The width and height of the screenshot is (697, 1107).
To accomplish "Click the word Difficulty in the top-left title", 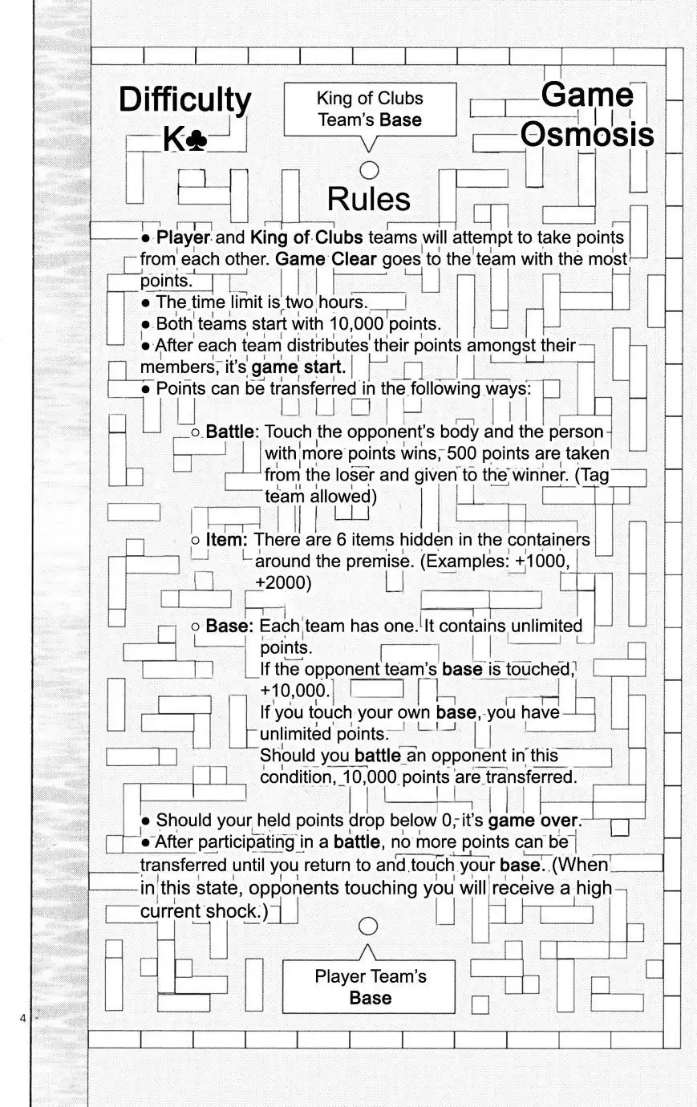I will point(184,101).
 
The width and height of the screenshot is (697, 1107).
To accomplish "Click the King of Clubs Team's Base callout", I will point(369,110).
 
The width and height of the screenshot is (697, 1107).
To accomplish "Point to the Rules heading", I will point(369,199).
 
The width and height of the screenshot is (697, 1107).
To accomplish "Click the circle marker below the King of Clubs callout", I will point(369,169).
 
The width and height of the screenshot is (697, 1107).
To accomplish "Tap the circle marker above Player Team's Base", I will point(368,926).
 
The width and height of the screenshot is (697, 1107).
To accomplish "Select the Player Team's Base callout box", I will point(369,987).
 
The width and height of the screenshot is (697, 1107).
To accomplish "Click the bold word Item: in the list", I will point(226,540).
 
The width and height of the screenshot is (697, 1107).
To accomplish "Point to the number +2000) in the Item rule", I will point(282,582).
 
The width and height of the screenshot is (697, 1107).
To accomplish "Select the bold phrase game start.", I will point(299,367).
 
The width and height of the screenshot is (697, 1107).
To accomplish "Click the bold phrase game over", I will point(533,821).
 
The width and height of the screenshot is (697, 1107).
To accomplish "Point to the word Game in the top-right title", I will point(587,95).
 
